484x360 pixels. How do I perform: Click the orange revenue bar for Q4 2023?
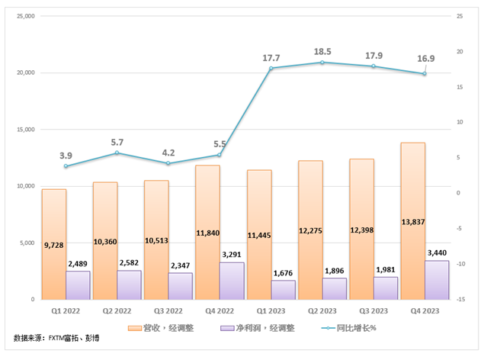tap(412, 221)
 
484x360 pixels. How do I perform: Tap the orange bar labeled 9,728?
tap(53, 244)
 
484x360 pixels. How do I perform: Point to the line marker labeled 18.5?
tap(322, 62)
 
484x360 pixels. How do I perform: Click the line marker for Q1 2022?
tap(66, 166)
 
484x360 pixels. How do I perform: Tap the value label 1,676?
tap(283, 270)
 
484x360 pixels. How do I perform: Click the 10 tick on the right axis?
tap(460, 122)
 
